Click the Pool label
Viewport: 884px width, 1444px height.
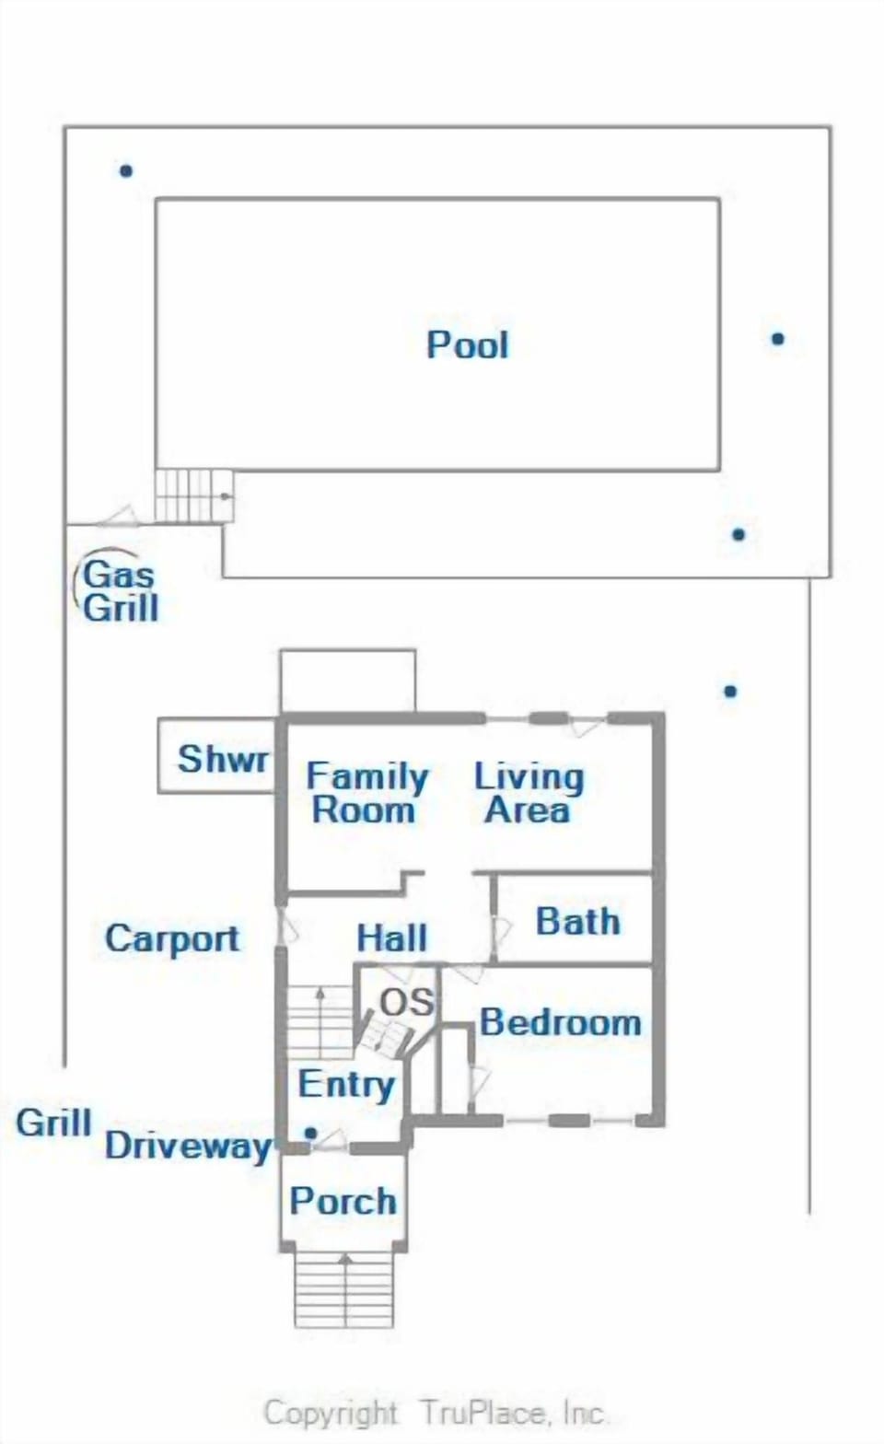[x=467, y=344]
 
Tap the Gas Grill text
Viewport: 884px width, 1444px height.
[x=120, y=591]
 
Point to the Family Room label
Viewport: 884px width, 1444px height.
[x=366, y=793]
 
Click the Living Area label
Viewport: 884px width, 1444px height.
[x=529, y=793]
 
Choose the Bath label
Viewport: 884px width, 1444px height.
[x=577, y=921]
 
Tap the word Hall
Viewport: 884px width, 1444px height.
[x=391, y=938]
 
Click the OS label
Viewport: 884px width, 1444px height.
[x=406, y=1002]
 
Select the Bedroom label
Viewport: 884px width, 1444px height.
[x=560, y=1022]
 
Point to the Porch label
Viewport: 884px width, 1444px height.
[x=343, y=1201]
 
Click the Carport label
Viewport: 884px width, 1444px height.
[x=172, y=938]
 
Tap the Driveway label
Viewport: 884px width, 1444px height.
[x=188, y=1146]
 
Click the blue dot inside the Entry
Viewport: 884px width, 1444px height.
[x=311, y=1133]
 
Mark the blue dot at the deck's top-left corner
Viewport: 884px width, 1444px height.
[x=126, y=170]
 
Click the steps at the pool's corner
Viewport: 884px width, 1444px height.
[x=193, y=495]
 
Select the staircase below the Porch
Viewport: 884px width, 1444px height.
[x=344, y=1289]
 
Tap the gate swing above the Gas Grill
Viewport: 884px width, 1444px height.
[x=118, y=516]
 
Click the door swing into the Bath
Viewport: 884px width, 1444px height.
[x=501, y=933]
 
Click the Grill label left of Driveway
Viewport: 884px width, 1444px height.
[x=53, y=1123]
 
